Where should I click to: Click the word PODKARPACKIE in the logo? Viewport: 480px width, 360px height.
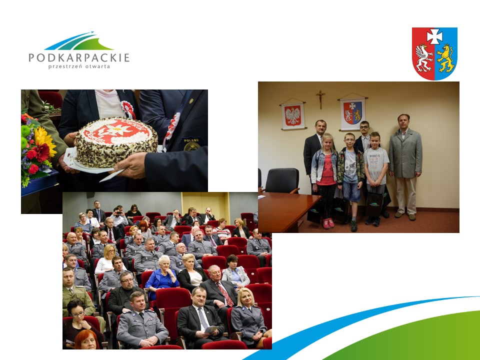(79, 57)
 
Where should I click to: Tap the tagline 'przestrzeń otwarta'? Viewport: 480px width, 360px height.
(79, 66)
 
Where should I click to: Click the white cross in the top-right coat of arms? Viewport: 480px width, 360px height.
(434, 36)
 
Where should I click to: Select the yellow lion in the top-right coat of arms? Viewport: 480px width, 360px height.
(445, 58)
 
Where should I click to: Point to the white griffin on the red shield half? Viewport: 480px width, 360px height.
(424, 57)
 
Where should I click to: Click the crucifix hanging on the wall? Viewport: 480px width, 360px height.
(320, 99)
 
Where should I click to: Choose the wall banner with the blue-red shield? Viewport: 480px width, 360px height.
(352, 112)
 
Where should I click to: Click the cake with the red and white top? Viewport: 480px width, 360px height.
(116, 142)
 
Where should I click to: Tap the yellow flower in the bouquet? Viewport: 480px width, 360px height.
(44, 141)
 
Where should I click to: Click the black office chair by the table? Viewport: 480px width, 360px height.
(282, 181)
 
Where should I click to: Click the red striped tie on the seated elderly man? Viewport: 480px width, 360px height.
(225, 294)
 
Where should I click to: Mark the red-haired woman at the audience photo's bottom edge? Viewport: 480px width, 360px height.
(86, 339)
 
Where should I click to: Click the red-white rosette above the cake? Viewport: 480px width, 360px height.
(128, 109)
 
